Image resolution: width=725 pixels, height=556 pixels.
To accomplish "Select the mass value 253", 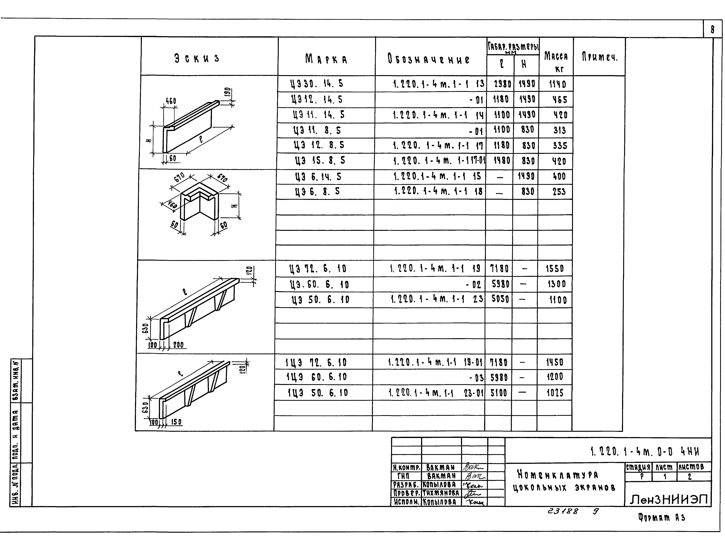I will click(x=559, y=192).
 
